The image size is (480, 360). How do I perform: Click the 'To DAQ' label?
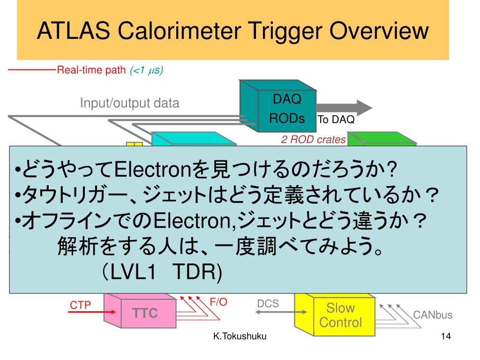click(x=336, y=120)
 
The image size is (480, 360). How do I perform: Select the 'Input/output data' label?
click(x=130, y=103)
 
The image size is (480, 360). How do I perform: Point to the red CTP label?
click(x=80, y=305)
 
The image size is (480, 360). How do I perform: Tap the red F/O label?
click(x=218, y=302)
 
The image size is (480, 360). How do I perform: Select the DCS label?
click(x=268, y=303)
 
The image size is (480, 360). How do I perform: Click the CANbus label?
click(x=433, y=315)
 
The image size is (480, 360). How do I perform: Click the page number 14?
click(x=445, y=337)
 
